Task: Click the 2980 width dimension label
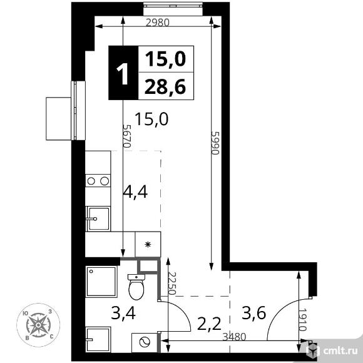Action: [158, 23]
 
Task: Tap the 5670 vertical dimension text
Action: [127, 136]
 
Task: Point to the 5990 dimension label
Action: [215, 143]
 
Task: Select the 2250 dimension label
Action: [172, 284]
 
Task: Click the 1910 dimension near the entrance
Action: [302, 320]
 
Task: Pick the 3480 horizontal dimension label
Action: [234, 337]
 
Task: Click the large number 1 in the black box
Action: [123, 74]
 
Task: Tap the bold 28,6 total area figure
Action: [165, 87]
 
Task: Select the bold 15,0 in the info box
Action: [165, 59]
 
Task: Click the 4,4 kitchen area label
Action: [135, 192]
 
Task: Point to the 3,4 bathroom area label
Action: [123, 313]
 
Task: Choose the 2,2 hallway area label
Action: [209, 324]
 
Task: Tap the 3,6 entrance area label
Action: [253, 313]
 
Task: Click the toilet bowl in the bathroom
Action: [136, 287]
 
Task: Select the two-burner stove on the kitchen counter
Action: [98, 181]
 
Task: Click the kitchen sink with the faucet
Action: [98, 218]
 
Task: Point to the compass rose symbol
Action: [38, 325]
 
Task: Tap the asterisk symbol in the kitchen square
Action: [148, 245]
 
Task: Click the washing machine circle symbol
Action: [145, 342]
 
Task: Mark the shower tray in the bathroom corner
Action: [101, 282]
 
